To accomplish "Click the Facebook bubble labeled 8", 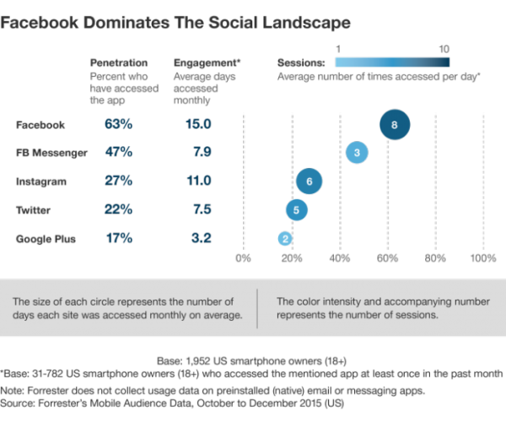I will [394, 125].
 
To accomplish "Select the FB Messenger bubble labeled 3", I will [357, 153].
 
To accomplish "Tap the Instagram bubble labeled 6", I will [310, 181].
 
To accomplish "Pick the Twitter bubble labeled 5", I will [296, 210].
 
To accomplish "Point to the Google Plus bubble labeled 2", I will [286, 239].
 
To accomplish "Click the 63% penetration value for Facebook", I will [119, 125].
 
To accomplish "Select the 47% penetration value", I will [119, 153].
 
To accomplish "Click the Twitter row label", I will [35, 210].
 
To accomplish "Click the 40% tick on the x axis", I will [339, 258].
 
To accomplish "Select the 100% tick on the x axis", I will [482, 258].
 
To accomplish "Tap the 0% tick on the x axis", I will [244, 258].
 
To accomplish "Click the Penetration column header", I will [119, 62].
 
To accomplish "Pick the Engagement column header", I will [207, 62].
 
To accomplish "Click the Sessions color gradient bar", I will [391, 62].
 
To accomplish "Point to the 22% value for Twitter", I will [119, 210].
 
